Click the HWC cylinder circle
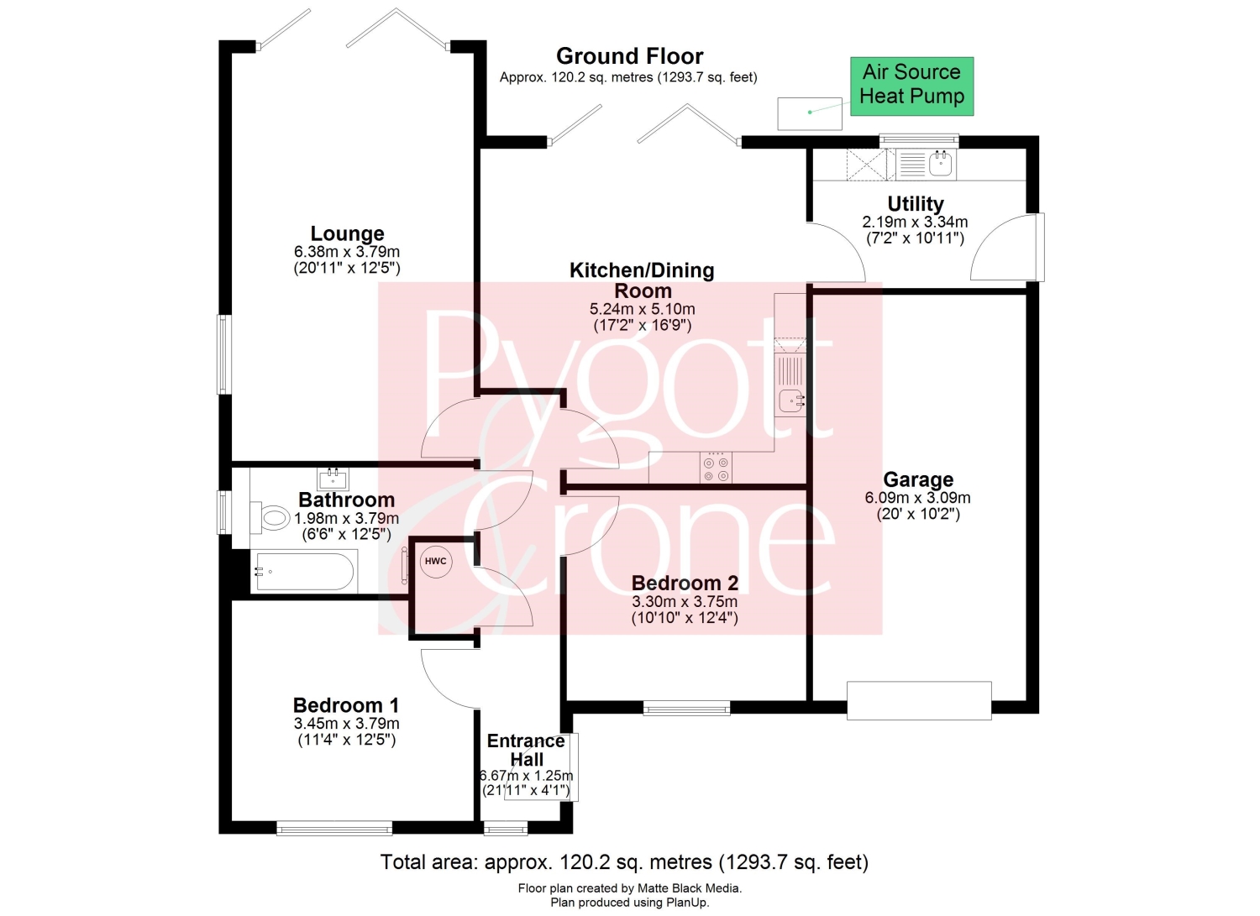click(435, 561)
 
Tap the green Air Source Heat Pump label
click(911, 86)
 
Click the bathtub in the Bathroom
click(304, 572)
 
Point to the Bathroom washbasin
click(333, 479)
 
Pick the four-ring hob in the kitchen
click(716, 468)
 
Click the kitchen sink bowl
click(792, 401)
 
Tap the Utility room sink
click(941, 164)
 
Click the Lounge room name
click(347, 233)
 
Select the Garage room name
click(918, 479)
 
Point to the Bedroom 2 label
click(685, 583)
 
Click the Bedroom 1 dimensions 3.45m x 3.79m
click(346, 723)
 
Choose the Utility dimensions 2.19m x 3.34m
click(916, 222)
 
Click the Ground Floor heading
click(629, 56)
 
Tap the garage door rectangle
click(919, 700)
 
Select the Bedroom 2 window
click(687, 708)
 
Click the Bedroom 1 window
click(334, 827)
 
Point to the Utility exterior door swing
click(1001, 248)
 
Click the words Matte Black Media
click(689, 888)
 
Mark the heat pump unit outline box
click(810, 113)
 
